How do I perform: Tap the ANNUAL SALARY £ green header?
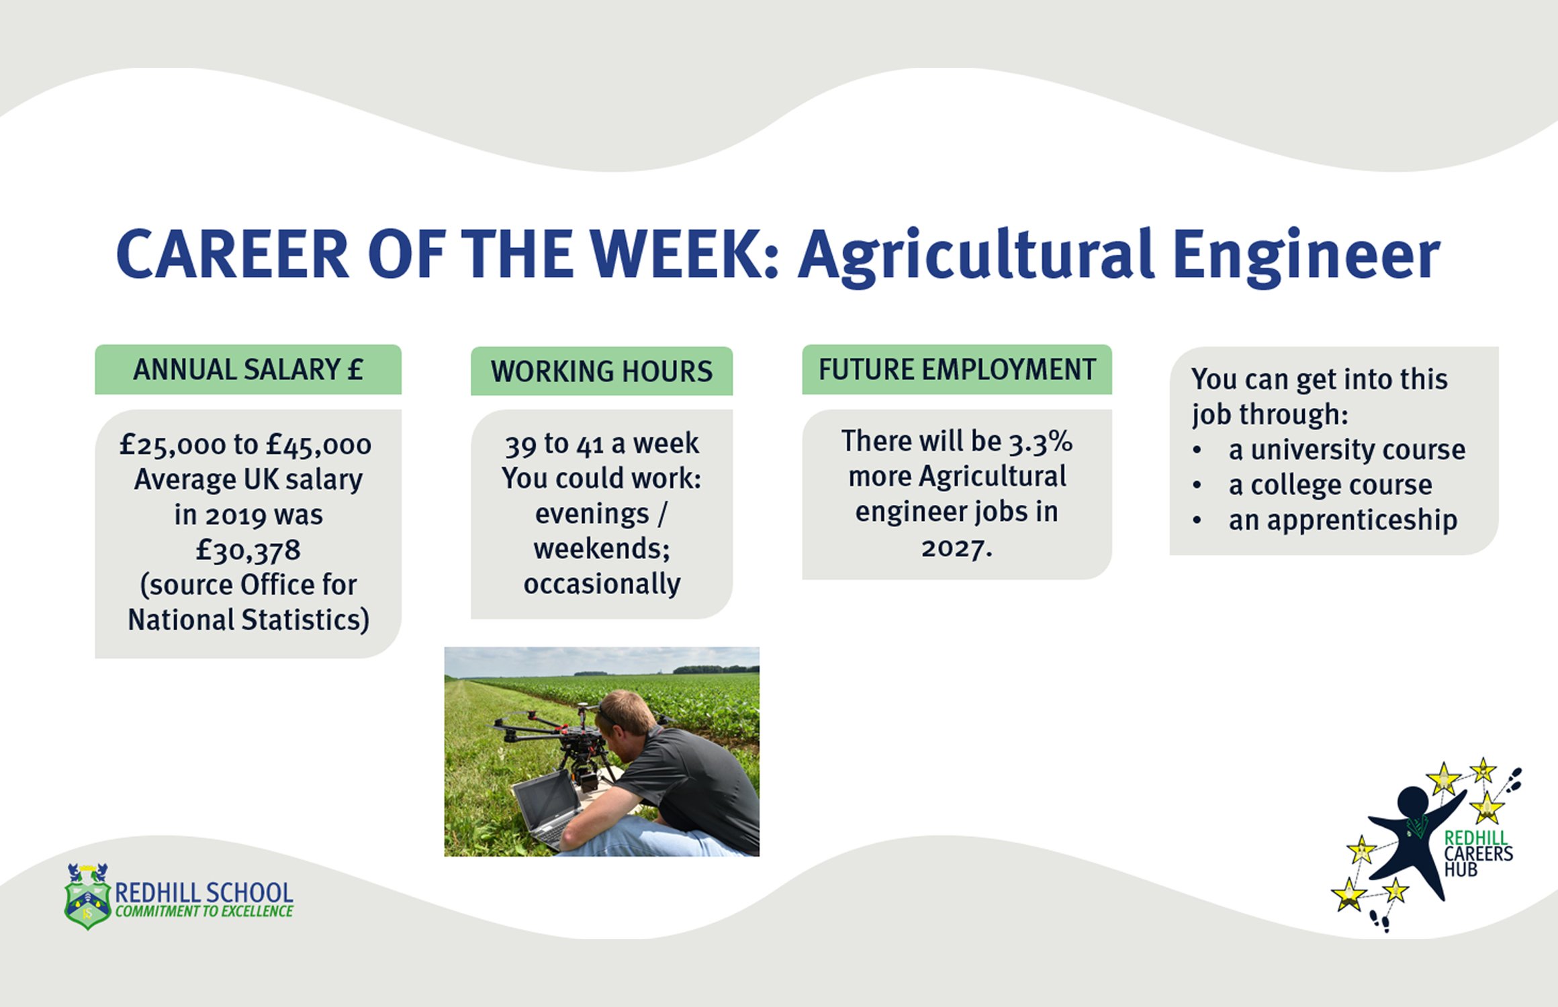248,370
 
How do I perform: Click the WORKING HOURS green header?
602,371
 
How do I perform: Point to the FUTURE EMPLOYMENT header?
957,370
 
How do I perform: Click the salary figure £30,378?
248,550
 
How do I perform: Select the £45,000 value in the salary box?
318,445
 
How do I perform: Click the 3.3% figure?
1041,442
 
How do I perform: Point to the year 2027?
956,548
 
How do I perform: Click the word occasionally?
602,584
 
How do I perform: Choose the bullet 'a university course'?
1347,450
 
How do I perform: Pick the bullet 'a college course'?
1330,485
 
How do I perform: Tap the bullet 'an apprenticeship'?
1343,520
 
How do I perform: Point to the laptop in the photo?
547,809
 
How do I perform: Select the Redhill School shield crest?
87,896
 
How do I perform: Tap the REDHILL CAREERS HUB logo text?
1478,854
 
